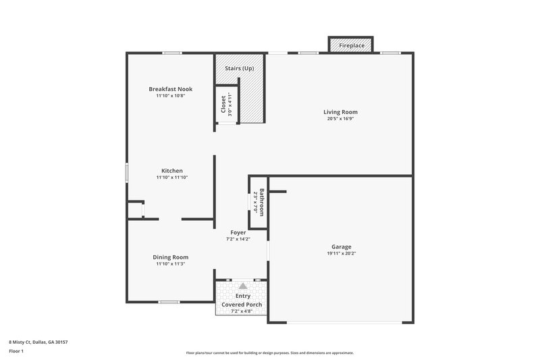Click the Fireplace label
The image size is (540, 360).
pos(351,45)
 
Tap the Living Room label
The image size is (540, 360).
pos(340,112)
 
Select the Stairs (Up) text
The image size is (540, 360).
pos(239,68)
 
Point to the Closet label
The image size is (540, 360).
pos(223,104)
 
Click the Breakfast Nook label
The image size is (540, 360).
pos(166,88)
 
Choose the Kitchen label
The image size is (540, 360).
pos(171,170)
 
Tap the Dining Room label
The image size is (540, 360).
pos(170,257)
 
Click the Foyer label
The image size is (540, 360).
pos(238,232)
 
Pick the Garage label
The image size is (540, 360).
pos(341,247)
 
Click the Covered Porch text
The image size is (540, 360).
pos(240,305)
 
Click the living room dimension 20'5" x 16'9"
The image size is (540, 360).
pos(340,119)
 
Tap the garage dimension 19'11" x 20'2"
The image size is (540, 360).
pos(341,253)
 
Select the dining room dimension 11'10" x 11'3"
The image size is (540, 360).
pos(170,263)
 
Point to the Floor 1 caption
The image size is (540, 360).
pos(17,351)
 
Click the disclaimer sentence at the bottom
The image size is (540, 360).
pos(269,353)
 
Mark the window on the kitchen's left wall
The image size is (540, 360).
pos(126,172)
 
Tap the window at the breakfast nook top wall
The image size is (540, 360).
pos(171,53)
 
